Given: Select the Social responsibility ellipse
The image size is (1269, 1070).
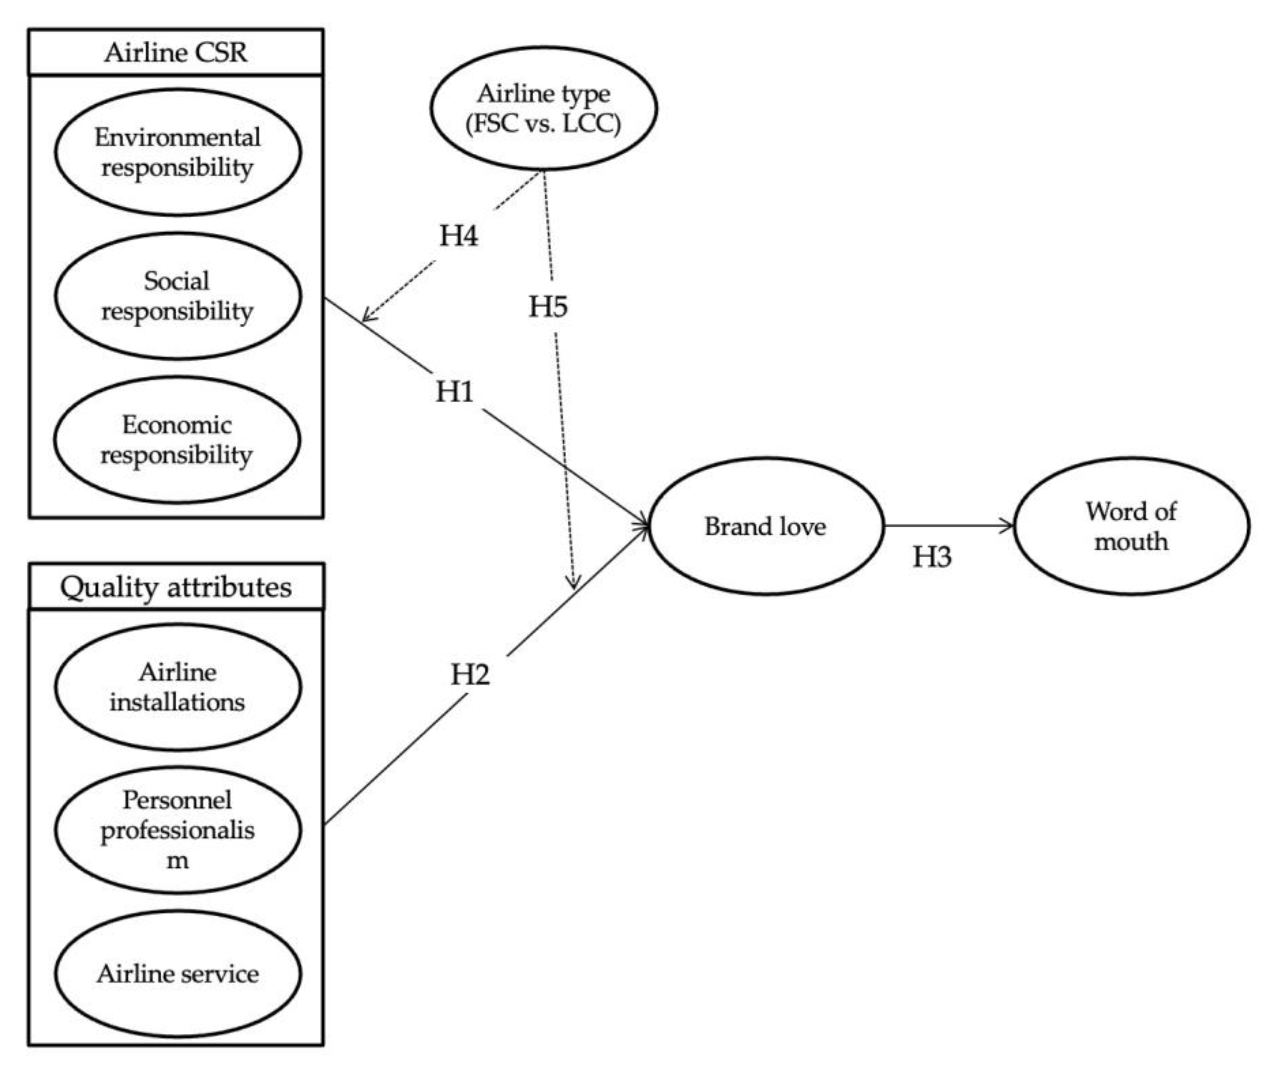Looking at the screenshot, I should pos(177,296).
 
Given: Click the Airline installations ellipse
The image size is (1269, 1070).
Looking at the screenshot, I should pos(177,687).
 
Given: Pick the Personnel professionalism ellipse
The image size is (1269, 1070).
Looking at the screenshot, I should pos(177,830).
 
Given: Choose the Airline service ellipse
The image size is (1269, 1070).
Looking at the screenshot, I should pos(177,973).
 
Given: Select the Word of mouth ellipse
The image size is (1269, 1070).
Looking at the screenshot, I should pos(1131,526).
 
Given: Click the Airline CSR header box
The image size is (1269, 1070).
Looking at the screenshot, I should pos(176,52).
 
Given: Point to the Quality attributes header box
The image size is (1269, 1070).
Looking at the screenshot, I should pos(176,587).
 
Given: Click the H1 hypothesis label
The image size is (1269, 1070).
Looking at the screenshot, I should pos(455,392).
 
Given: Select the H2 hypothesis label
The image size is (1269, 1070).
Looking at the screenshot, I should pos(470,674).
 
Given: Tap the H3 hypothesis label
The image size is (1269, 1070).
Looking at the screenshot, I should pos(931,556).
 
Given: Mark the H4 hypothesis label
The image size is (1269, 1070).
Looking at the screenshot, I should pos(458,235).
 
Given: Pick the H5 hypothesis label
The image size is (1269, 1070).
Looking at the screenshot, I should pos(548,306).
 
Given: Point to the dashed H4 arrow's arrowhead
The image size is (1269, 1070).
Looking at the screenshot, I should pos(366,318).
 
